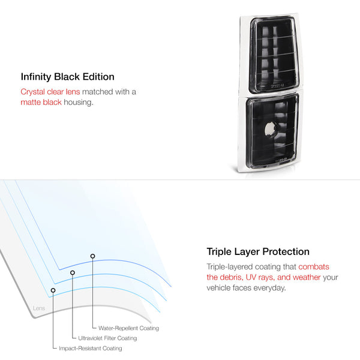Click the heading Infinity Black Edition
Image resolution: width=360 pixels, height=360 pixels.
click(x=67, y=77)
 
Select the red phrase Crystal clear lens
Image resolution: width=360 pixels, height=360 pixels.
click(x=50, y=92)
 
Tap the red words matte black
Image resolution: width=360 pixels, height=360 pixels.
click(x=41, y=102)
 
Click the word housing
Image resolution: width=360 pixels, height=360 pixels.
click(x=79, y=103)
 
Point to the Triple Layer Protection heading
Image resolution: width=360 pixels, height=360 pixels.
click(x=258, y=251)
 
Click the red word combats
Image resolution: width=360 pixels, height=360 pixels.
click(x=314, y=267)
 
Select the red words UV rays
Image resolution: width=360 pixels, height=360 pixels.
click(x=260, y=277)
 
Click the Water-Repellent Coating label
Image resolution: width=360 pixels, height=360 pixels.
click(x=128, y=328)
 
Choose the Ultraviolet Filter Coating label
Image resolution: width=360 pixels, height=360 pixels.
click(x=107, y=338)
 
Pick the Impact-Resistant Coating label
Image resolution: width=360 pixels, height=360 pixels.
click(x=91, y=348)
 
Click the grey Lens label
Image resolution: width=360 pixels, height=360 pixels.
click(x=39, y=308)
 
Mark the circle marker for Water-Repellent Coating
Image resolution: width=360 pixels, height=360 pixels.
click(x=92, y=256)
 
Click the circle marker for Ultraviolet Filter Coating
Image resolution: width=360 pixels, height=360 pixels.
click(x=73, y=272)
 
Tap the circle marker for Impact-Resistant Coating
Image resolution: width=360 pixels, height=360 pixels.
click(x=53, y=290)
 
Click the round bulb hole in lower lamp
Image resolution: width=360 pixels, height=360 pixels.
click(x=270, y=129)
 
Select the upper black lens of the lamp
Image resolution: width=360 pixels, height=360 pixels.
click(x=274, y=54)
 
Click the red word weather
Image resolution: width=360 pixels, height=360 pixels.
click(x=307, y=277)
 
